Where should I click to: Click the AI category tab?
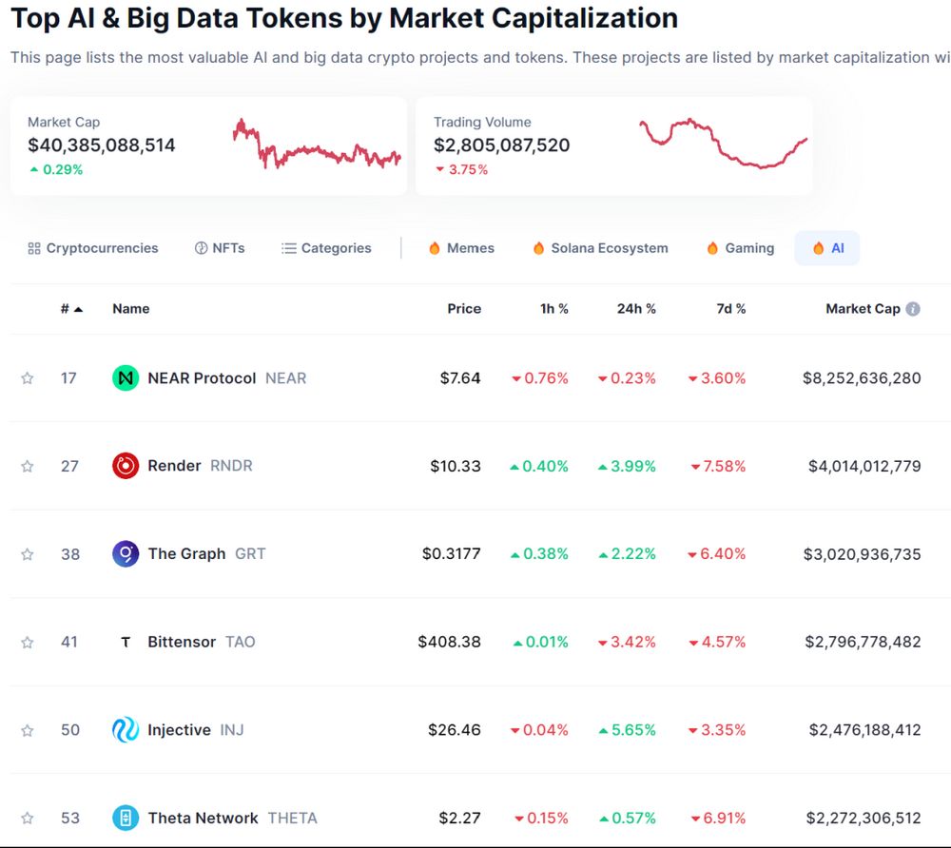pyautogui.click(x=827, y=248)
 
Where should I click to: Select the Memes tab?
pyautogui.click(x=462, y=248)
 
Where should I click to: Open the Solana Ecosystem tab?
pyautogui.click(x=600, y=248)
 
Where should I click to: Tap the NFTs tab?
pyautogui.click(x=220, y=248)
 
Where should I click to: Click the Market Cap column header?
pyautogui.click(x=862, y=309)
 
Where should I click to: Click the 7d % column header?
pyautogui.click(x=731, y=309)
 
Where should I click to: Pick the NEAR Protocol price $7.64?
pyautogui.click(x=460, y=378)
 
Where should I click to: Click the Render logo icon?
pyautogui.click(x=126, y=466)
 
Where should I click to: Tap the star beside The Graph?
pyautogui.click(x=28, y=554)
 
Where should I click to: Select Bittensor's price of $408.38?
pyautogui.click(x=449, y=642)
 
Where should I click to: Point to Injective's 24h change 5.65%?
pyautogui.click(x=627, y=730)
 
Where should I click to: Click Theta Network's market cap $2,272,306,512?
pyautogui.click(x=863, y=818)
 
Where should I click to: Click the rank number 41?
pyautogui.click(x=69, y=642)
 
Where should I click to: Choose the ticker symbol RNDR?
pyautogui.click(x=231, y=466)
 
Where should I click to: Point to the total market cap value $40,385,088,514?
pyautogui.click(x=102, y=145)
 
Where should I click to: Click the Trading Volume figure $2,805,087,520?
pyautogui.click(x=502, y=145)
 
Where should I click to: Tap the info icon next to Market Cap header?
pyautogui.click(x=913, y=309)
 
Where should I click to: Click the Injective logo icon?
pyautogui.click(x=126, y=730)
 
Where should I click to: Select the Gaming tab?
pyautogui.click(x=740, y=248)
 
